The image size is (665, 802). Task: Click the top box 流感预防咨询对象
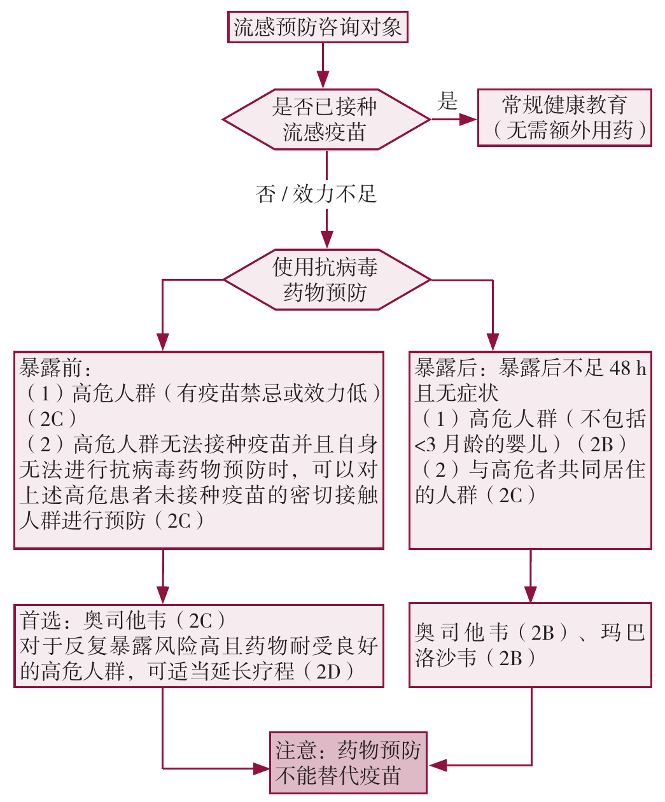point(318,27)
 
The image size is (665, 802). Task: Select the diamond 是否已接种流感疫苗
point(325,119)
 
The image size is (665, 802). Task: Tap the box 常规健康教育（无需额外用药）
point(564,118)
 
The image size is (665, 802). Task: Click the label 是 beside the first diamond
point(447,101)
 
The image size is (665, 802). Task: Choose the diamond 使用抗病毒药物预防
point(326,279)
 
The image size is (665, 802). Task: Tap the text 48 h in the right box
point(627,367)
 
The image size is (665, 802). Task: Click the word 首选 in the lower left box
point(41,619)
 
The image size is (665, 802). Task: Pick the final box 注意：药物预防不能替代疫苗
point(348,763)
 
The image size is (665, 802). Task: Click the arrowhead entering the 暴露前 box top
point(163,342)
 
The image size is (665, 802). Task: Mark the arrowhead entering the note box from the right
point(438,764)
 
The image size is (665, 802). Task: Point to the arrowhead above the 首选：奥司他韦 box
point(163,594)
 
